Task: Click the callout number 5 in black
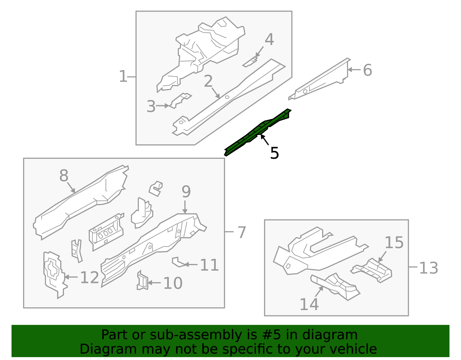point(274,153)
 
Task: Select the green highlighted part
point(258,132)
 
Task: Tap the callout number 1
point(123,76)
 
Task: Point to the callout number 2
point(208,81)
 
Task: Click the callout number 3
point(151,106)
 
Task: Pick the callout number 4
point(269,39)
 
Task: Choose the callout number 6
point(367,70)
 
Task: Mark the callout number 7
point(242,232)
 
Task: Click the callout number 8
point(64,176)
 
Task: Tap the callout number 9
point(186,192)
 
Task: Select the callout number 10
point(173,283)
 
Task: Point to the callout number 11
point(209,265)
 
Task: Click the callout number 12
point(90,278)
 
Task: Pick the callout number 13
point(429,268)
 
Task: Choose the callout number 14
point(309,304)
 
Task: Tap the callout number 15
point(394,242)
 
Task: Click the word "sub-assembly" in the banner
point(196,335)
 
